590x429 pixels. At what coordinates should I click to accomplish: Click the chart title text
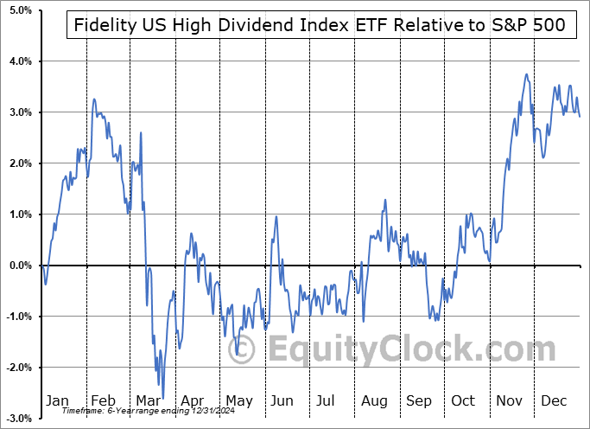point(316,24)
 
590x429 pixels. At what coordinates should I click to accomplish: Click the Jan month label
point(56,400)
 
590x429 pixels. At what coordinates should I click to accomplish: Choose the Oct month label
point(463,400)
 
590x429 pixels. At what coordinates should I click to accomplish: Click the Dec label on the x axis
point(555,400)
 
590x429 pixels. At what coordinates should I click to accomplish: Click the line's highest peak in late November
point(526,74)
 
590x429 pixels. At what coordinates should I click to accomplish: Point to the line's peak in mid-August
point(385,200)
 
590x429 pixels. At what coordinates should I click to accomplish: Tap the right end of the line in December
point(580,117)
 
